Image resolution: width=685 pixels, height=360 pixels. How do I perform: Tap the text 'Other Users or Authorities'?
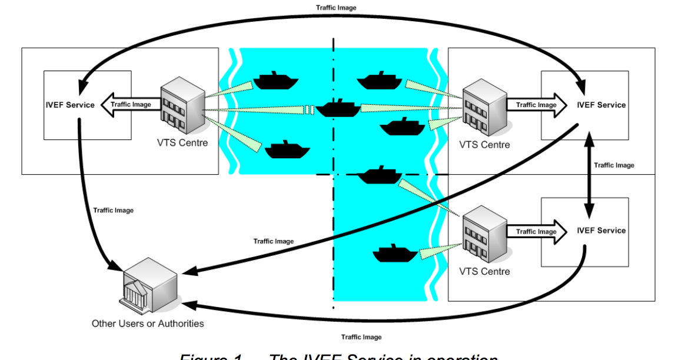tap(148, 323)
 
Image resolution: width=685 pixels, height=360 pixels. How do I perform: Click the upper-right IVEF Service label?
tap(601, 105)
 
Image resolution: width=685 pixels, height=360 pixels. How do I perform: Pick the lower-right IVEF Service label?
tap(601, 231)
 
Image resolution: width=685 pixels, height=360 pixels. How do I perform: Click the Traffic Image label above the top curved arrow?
tap(336, 8)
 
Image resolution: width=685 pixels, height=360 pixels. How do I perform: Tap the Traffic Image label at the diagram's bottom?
tap(361, 337)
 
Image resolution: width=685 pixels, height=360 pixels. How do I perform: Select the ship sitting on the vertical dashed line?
tap(337, 108)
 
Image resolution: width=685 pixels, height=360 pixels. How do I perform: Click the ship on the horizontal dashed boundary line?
tap(380, 175)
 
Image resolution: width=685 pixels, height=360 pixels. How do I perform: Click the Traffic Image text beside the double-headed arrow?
tap(614, 165)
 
